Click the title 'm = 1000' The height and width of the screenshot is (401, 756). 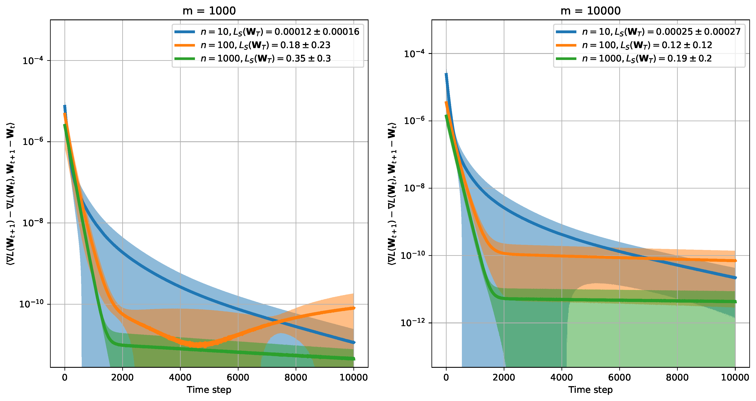pos(209,11)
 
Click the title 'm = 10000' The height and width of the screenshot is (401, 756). pos(590,11)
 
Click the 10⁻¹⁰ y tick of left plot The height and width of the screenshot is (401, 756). pos(31,304)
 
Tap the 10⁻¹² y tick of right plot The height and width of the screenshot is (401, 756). pos(412,323)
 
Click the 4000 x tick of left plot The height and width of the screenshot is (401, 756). pos(180,377)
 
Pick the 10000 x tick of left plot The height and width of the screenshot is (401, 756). pos(354,377)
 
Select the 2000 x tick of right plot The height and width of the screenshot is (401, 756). pos(504,377)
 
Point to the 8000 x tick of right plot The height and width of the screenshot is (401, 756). pos(677,377)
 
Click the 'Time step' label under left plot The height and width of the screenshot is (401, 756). pos(209,390)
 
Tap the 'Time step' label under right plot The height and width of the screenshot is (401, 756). pos(590,390)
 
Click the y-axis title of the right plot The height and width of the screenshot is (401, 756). pos(392,194)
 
